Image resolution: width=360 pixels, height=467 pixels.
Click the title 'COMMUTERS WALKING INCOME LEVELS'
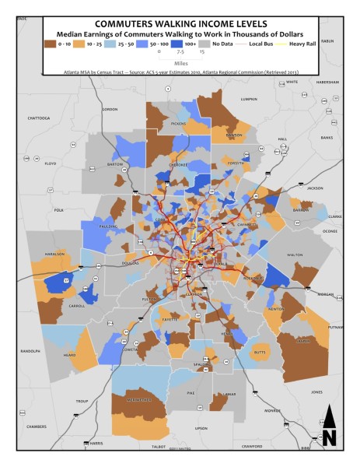(180, 23)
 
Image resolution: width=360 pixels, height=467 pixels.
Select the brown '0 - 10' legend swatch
(52, 45)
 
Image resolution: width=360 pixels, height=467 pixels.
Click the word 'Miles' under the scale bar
(180, 64)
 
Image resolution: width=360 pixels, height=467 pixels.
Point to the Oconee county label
(330, 230)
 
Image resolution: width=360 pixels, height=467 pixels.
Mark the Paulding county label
(110, 227)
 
